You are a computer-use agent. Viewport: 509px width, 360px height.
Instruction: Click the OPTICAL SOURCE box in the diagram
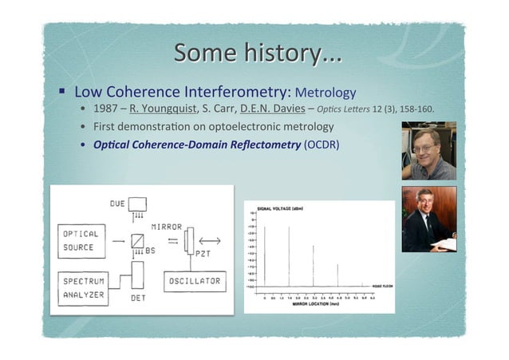81,240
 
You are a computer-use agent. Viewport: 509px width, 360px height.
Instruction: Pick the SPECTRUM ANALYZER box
85,287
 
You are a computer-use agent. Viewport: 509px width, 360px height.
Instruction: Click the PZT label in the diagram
203,253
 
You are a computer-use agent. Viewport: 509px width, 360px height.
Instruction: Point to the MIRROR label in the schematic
166,227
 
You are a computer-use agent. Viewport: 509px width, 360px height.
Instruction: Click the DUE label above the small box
118,204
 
